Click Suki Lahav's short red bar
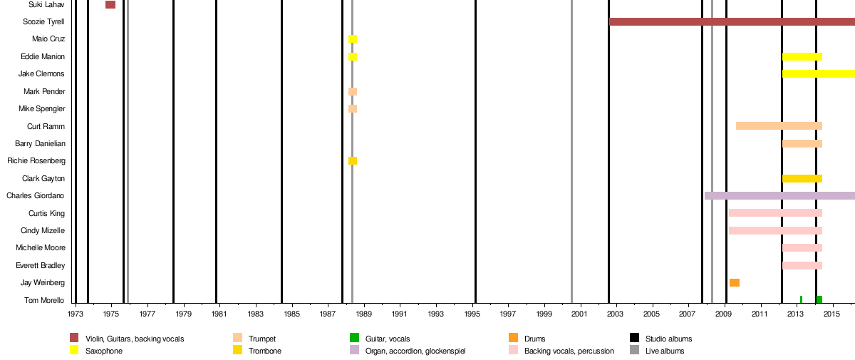click(110, 5)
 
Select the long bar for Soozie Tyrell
click(732, 22)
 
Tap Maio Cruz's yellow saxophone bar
click(353, 39)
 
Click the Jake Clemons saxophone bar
click(818, 74)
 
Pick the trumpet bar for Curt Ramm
click(779, 126)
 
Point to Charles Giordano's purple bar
click(779, 195)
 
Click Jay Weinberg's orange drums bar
click(734, 283)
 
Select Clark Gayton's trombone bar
click(802, 178)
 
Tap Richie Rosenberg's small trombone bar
click(353, 161)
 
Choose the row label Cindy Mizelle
click(42, 230)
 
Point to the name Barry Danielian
click(40, 143)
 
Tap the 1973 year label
click(75, 314)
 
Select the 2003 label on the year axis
click(616, 314)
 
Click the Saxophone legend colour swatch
click(74, 350)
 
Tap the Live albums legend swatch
click(634, 350)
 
